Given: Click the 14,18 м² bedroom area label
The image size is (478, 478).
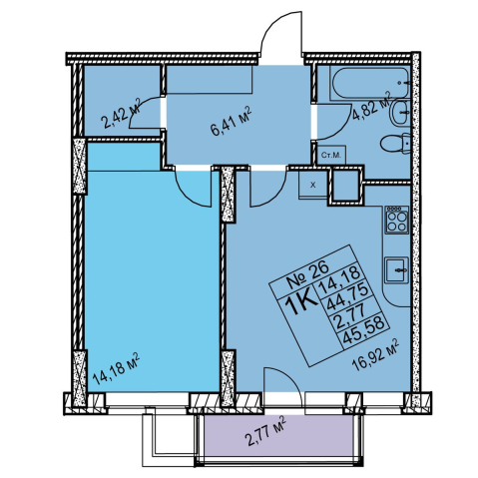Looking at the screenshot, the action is point(116,369).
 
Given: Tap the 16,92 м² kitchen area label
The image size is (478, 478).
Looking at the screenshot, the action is point(375,354).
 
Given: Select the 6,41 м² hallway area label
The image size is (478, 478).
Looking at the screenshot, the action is point(231,121).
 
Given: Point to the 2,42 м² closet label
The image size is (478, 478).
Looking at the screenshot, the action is point(122,113).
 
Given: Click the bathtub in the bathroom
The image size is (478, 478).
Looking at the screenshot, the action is point(371,83).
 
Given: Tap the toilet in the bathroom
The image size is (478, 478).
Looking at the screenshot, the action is point(396,144).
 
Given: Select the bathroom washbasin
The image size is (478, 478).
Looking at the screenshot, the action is point(399,113).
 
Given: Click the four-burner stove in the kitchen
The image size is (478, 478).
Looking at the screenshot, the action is point(396,220).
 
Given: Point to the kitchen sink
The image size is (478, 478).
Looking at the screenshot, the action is point(397,269).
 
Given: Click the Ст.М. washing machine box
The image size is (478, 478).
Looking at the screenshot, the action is point(331,155).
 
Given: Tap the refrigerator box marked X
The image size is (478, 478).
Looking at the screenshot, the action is point(313,185).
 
